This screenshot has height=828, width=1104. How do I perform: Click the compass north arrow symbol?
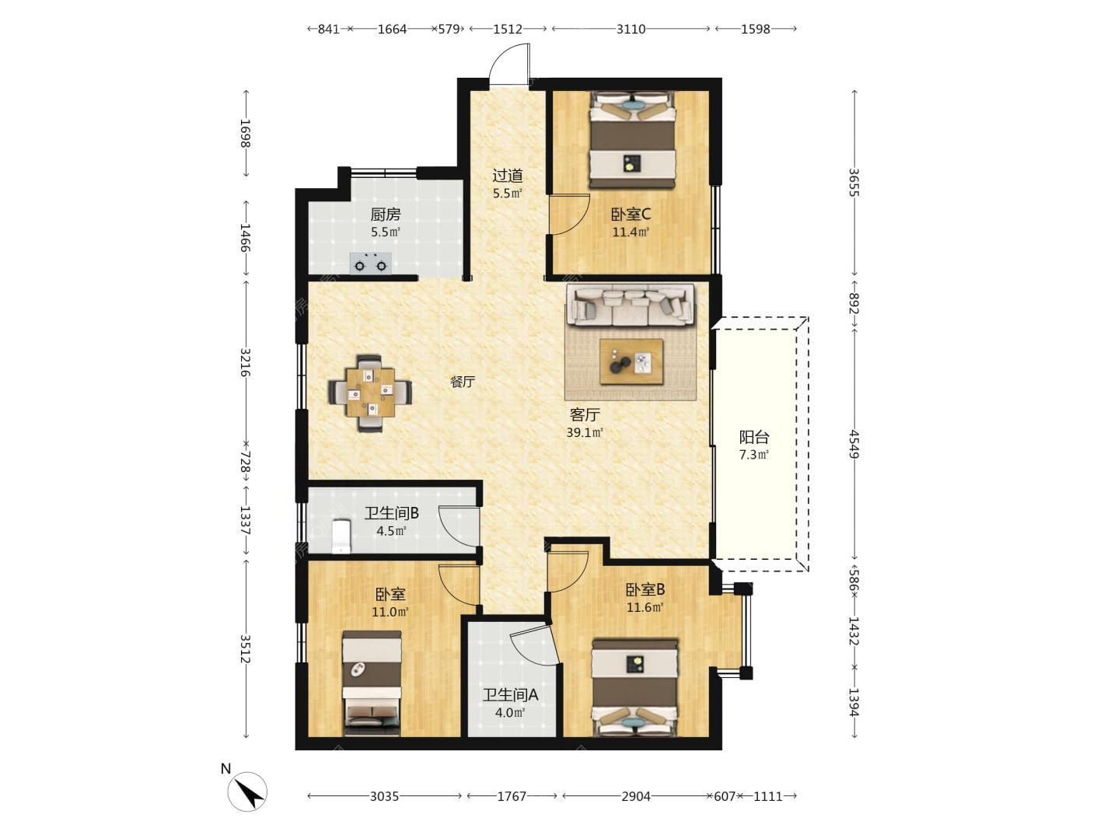coord(247,791)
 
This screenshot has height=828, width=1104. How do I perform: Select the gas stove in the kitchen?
coord(371,264)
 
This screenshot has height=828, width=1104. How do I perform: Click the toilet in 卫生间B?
coord(341,536)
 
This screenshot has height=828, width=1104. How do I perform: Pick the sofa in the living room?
coord(631,305)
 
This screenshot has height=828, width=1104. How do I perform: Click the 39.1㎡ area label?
coord(585,432)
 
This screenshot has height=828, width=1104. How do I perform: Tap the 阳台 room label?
coord(754,437)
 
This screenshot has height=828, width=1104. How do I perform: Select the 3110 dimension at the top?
coord(631,30)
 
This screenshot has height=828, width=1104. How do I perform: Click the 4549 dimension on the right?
coord(854,444)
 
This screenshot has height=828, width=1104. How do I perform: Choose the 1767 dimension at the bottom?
coord(512,796)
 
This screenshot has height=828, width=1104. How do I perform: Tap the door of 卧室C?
coord(568,215)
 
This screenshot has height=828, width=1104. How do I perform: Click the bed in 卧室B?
coord(634,688)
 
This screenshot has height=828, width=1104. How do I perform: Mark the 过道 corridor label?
coord(508,176)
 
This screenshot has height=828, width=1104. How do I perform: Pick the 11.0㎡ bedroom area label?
coord(390,612)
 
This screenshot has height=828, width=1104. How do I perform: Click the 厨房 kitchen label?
coord(386,215)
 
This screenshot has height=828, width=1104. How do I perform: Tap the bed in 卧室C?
coord(632,140)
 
